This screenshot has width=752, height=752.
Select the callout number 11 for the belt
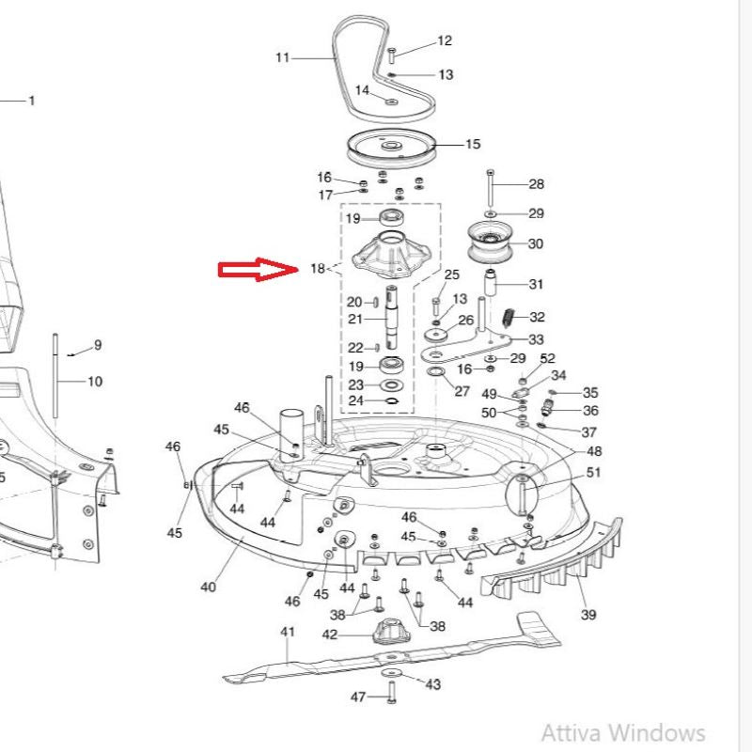[x=283, y=57]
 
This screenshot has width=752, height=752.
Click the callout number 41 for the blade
[x=288, y=632]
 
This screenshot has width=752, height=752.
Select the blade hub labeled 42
[x=384, y=632]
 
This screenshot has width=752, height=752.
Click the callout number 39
[x=588, y=615]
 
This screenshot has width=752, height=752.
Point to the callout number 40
[x=208, y=587]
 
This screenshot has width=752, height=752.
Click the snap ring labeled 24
[x=393, y=401]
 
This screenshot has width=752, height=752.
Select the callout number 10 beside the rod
[x=95, y=382]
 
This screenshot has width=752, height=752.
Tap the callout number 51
[x=593, y=472]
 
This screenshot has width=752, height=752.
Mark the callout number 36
[x=590, y=411]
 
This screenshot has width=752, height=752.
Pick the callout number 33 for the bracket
[x=536, y=339]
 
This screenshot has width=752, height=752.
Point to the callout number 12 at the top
[x=445, y=40]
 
